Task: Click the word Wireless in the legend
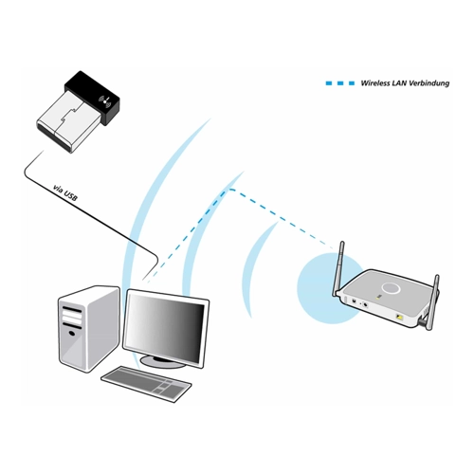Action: coord(375,83)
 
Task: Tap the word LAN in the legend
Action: coord(399,83)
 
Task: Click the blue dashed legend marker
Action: coord(340,83)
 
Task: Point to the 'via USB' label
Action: coord(65,193)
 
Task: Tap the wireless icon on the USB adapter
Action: coord(105,101)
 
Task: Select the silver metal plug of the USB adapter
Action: coord(67,122)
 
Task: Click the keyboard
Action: coord(146,384)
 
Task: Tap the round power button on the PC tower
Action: coord(72,333)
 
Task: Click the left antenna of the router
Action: coord(338,268)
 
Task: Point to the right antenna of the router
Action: coord(431,302)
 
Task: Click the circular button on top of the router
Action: coord(391,287)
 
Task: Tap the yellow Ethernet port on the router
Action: coord(400,316)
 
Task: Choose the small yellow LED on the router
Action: coord(378,298)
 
